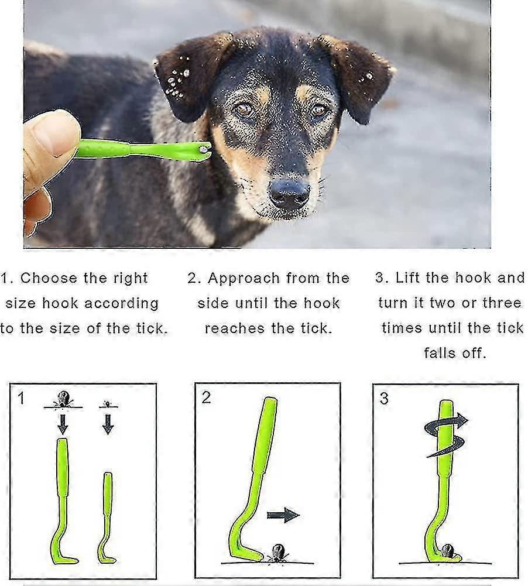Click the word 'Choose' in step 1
click(x=49, y=278)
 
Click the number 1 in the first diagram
click(x=21, y=399)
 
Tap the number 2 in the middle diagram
click(x=206, y=397)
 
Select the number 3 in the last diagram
click(x=384, y=399)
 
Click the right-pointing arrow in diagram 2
click(x=283, y=515)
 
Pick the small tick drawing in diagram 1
click(x=108, y=404)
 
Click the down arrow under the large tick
click(x=63, y=424)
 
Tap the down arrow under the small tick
click(x=108, y=424)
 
